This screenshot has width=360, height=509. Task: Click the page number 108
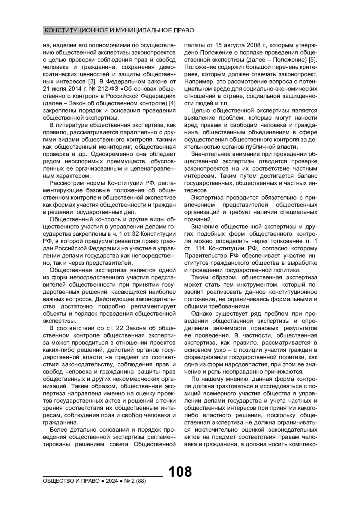(x=180, y=472)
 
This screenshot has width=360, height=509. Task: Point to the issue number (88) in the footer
(x=140, y=481)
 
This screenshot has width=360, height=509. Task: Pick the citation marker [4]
(x=172, y=103)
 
